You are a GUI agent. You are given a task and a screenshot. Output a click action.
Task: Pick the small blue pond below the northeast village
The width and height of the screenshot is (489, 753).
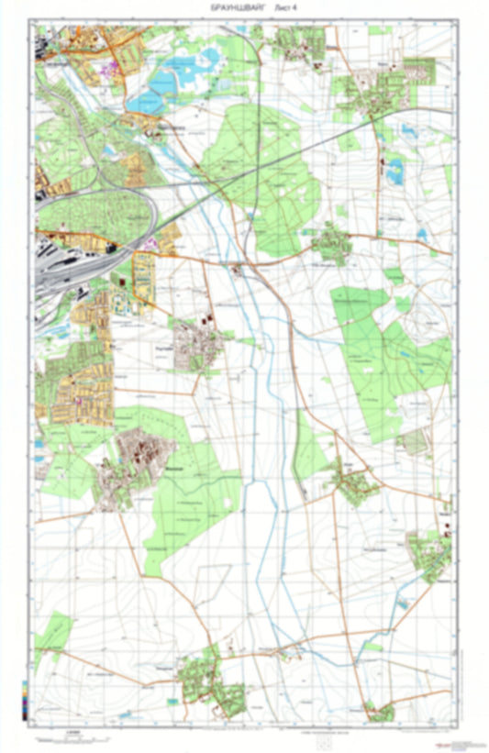(396, 167)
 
